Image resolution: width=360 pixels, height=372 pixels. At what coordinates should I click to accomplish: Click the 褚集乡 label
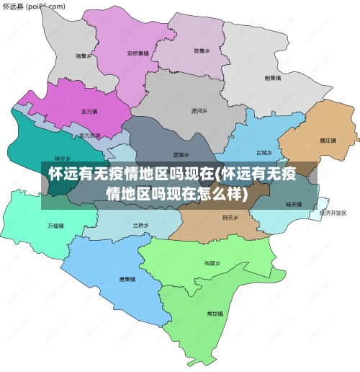(84, 56)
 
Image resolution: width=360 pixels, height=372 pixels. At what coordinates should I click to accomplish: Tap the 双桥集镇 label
(138, 53)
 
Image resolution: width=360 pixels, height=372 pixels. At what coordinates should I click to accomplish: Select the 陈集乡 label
(202, 51)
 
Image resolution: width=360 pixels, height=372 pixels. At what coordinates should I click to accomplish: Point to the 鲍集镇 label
(273, 77)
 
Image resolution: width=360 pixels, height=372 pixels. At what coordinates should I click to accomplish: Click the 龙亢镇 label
(89, 112)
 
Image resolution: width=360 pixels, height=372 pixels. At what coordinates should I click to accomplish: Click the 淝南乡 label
(181, 155)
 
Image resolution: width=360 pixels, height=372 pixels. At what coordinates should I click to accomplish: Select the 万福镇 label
(56, 226)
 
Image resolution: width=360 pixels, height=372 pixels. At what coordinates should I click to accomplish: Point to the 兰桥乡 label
(140, 226)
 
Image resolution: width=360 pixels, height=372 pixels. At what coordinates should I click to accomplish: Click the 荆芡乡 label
(230, 216)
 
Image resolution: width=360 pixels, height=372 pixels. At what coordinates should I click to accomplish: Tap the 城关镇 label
(294, 204)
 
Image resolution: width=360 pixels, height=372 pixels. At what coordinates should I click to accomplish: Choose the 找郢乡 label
(210, 263)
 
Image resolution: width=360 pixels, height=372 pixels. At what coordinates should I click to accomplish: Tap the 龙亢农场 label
(90, 136)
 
